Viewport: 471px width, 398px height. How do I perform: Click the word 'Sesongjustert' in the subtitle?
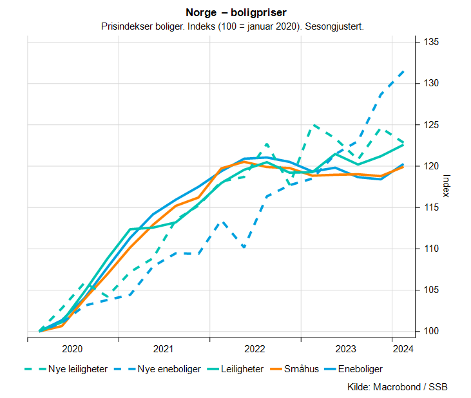coord(337,26)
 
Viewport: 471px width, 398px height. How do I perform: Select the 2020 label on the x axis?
coord(72,349)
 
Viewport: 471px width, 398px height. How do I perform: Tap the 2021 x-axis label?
coord(164,349)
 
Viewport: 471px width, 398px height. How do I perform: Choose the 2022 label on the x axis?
coord(255,349)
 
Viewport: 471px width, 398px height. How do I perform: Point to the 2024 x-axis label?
coord(403,349)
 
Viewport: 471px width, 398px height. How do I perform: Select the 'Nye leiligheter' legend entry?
coord(66,369)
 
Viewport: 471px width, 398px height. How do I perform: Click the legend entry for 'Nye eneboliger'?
coord(155,369)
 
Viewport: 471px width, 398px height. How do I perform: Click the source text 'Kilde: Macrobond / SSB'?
coord(397,387)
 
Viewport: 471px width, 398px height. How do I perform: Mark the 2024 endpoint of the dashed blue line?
coord(403,71)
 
